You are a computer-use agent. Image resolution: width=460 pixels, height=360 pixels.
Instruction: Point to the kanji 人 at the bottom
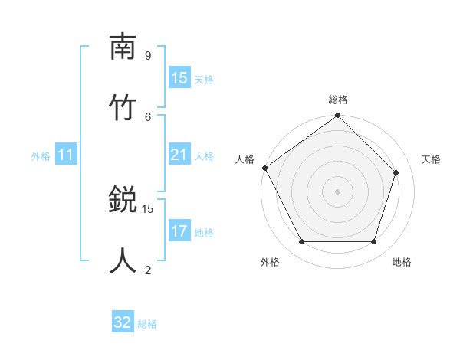(x=123, y=260)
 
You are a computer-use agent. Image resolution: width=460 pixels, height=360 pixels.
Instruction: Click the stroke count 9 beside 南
(x=147, y=56)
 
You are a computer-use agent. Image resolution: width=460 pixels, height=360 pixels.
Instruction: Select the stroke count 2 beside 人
(x=147, y=269)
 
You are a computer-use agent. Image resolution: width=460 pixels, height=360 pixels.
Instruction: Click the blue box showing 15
(x=179, y=78)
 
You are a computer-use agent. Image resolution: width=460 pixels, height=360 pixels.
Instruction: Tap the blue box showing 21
(x=179, y=155)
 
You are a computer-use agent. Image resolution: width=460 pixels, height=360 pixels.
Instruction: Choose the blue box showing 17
(x=179, y=231)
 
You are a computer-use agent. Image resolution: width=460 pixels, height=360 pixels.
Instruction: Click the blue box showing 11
(x=66, y=155)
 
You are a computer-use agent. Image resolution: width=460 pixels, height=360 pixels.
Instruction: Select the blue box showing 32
(x=123, y=323)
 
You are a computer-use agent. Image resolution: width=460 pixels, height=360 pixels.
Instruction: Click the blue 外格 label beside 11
(x=41, y=156)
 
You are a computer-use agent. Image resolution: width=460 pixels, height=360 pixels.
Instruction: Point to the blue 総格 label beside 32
(x=147, y=324)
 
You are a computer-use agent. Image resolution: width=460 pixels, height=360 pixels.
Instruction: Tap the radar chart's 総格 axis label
(x=338, y=100)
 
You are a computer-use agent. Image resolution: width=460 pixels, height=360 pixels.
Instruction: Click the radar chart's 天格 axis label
(x=431, y=159)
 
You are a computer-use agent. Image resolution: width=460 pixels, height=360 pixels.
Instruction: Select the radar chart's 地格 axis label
(x=402, y=262)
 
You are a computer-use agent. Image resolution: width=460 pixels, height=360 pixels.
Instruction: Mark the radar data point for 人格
(x=264, y=168)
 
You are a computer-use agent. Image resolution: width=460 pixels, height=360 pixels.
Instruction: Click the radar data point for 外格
(x=301, y=242)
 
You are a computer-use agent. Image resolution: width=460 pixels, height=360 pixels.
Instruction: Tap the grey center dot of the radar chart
(x=338, y=191)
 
